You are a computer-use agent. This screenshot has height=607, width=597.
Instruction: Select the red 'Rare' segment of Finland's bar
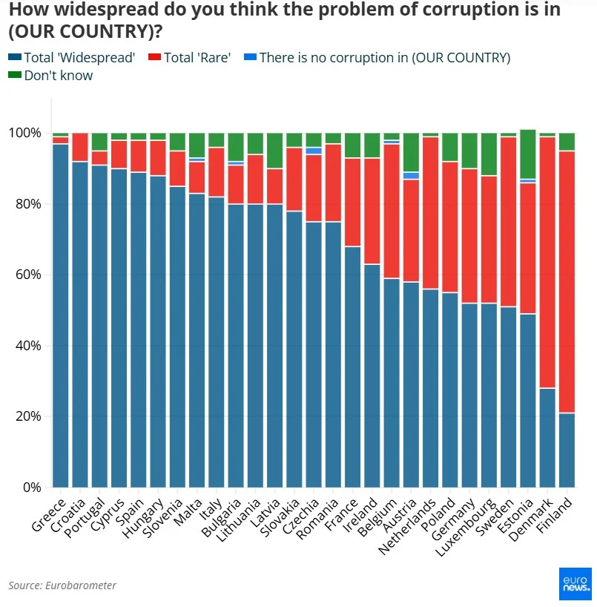pyautogui.click(x=567, y=282)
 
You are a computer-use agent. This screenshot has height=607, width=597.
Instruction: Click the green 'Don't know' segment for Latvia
pyautogui.click(x=274, y=151)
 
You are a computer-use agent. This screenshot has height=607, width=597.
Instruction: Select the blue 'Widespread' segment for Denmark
pyautogui.click(x=547, y=437)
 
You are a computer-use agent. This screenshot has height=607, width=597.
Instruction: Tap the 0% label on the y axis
pyautogui.click(x=32, y=488)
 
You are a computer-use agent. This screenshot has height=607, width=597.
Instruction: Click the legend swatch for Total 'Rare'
pyautogui.click(x=154, y=57)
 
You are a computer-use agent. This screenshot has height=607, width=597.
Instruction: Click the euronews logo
pyautogui.click(x=575, y=583)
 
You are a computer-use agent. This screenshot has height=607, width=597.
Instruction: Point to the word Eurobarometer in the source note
pyautogui.click(x=82, y=585)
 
